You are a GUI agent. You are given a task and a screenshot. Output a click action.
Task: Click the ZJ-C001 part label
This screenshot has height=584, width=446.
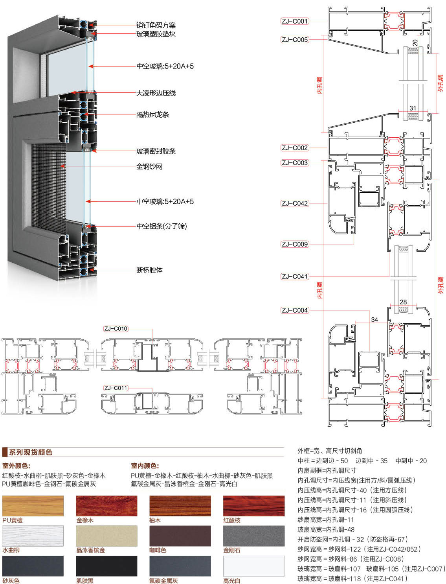(295, 21)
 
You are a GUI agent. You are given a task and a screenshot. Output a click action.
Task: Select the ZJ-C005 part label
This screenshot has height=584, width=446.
(295, 40)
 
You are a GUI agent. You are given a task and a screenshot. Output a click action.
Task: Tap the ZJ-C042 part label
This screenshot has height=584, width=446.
(295, 203)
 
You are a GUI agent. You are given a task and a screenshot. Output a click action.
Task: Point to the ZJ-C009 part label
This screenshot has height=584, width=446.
(295, 244)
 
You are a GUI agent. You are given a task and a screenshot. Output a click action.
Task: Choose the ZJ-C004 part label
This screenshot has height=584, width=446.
(295, 310)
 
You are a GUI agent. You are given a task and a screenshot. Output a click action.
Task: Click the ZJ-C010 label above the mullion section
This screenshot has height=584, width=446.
(116, 329)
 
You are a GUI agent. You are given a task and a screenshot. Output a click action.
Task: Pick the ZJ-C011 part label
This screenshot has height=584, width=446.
(116, 388)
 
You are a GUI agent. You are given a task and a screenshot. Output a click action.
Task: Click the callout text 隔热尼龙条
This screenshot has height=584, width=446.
(152, 115)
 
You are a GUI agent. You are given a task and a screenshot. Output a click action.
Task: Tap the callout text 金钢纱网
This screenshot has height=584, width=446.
(149, 167)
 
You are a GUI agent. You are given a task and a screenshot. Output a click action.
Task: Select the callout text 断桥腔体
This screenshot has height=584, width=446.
(149, 270)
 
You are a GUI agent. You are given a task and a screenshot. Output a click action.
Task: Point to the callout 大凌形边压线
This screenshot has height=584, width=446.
(156, 93)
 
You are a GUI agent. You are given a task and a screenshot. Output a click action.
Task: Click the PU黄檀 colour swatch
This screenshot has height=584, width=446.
(33, 506)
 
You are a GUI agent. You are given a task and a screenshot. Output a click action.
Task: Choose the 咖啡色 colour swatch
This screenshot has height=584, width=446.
(180, 536)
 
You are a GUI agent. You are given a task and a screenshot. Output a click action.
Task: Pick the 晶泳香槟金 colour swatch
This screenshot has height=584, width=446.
(106, 536)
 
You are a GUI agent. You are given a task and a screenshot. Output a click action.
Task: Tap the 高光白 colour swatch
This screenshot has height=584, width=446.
(254, 566)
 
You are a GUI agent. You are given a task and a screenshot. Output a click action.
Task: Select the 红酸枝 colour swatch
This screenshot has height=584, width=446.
(254, 506)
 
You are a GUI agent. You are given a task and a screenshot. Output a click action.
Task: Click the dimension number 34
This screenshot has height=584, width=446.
(374, 320)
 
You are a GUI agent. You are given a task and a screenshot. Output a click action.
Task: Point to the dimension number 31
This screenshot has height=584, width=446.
(413, 108)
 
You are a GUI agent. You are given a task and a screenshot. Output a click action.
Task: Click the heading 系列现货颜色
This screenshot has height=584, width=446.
(31, 452)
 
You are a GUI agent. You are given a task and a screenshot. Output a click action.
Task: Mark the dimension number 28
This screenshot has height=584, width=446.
(403, 302)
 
